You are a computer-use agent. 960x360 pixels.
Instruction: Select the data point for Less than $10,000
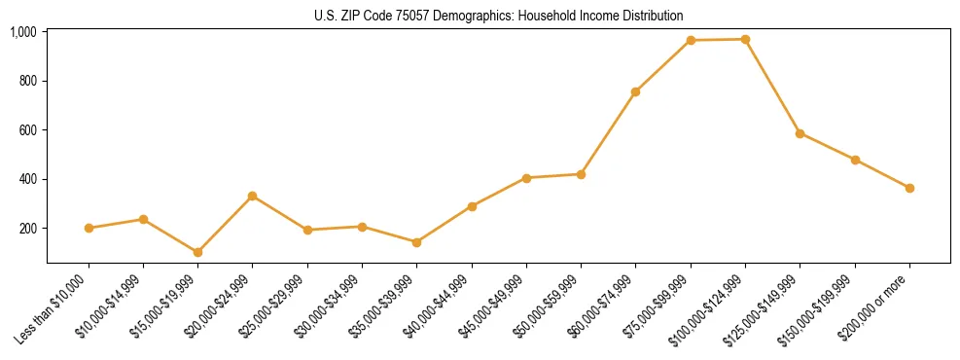point(89,228)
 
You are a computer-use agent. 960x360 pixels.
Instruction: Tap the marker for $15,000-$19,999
point(198,252)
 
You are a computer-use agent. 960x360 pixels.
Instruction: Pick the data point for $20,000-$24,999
point(253,196)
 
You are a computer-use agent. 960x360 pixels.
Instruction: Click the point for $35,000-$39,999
point(417,242)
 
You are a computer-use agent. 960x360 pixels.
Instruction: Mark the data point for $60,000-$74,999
point(636,91)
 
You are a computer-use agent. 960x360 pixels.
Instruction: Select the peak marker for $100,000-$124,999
point(745,39)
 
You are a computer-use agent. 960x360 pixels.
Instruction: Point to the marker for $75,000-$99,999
point(691,40)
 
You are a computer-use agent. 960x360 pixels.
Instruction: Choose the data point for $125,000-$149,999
point(800,133)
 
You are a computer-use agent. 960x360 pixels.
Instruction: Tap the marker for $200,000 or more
point(909,188)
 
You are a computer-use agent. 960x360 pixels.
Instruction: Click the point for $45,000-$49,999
point(526,178)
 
